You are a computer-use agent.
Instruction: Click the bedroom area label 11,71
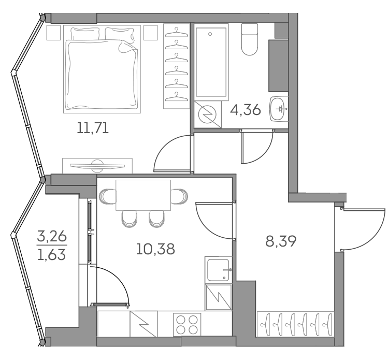click(x=93, y=128)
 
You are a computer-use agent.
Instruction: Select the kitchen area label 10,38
click(x=155, y=249)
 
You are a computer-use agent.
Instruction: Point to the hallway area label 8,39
click(x=280, y=241)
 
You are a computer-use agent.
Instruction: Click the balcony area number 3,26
click(x=51, y=238)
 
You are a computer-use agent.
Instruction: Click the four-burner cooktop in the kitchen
click(x=187, y=324)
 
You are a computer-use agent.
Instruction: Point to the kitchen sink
click(x=218, y=269)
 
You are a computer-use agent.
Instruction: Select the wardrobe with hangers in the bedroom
click(x=177, y=66)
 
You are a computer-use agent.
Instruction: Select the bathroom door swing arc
click(x=257, y=148)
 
